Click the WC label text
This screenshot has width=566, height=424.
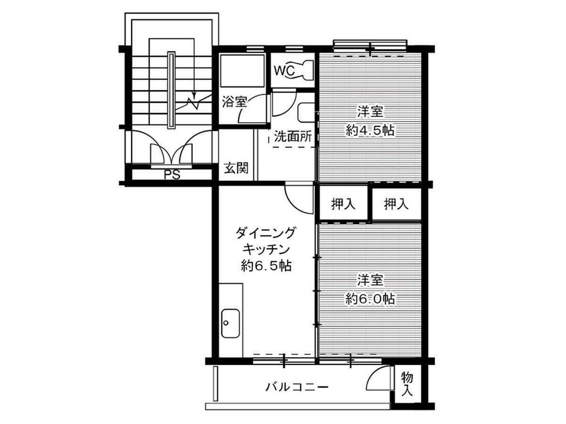(284, 71)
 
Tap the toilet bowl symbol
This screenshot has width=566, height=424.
(304, 70)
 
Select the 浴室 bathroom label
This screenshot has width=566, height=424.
(234, 101)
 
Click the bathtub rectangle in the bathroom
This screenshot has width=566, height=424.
(242, 71)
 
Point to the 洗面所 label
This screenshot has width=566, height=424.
(293, 137)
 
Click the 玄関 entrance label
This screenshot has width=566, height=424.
(236, 168)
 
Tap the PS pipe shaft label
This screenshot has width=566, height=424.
(172, 175)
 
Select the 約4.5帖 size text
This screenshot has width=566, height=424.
(370, 131)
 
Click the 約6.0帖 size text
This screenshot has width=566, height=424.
(370, 299)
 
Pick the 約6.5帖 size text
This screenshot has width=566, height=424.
(266, 266)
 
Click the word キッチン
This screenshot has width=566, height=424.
(266, 249)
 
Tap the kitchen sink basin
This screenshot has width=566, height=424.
(230, 323)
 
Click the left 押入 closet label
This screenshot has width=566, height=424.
(343, 204)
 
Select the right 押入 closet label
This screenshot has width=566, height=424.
(396, 204)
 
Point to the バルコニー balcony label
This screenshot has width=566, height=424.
(297, 387)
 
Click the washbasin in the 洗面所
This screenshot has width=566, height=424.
(307, 113)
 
